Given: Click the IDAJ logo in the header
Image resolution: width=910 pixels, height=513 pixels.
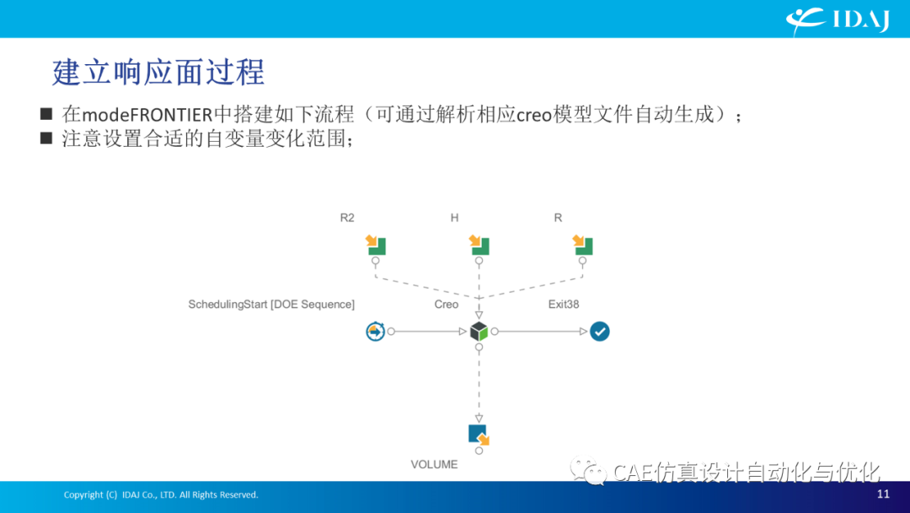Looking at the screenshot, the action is click(838, 21).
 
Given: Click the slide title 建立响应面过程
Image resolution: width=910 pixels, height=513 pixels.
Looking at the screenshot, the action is click(158, 73).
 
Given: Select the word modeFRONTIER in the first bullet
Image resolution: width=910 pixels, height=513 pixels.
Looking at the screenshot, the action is click(147, 115).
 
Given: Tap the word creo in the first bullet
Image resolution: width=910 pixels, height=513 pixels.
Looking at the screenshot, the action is click(534, 115).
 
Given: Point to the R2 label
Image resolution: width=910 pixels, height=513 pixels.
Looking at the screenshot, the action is click(347, 218).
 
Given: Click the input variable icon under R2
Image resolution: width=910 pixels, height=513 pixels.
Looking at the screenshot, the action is click(376, 245).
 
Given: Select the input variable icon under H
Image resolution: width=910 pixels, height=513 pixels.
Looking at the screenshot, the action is click(479, 245).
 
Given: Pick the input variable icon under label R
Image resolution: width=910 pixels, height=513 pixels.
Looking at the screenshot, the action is click(582, 245).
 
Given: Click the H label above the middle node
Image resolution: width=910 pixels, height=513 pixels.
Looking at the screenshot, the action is click(454, 218).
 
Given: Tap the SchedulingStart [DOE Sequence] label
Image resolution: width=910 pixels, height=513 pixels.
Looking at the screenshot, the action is click(271, 305).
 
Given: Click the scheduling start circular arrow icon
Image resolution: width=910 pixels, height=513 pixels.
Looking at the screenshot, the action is click(376, 331).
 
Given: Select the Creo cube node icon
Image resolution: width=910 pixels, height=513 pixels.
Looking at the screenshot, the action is click(479, 331).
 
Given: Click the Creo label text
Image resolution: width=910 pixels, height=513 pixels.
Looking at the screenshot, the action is click(447, 305).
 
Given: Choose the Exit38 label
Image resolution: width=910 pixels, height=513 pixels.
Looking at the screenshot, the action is click(564, 305).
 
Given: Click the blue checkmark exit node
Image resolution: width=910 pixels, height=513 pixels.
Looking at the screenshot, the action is click(600, 331).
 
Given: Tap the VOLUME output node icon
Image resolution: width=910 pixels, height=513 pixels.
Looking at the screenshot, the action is click(479, 435).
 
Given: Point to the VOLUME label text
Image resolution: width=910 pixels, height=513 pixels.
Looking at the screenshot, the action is click(434, 465).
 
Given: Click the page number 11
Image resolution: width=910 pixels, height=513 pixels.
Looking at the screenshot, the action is click(883, 494).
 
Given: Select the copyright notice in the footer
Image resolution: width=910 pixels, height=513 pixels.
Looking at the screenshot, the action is click(161, 495).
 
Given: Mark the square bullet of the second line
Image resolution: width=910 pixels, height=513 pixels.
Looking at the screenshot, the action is click(46, 138).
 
